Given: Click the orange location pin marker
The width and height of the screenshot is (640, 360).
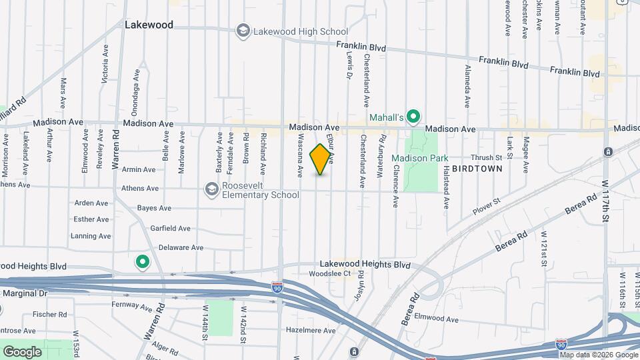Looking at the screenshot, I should [321, 159].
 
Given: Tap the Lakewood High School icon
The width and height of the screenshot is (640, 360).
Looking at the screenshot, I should [243, 31].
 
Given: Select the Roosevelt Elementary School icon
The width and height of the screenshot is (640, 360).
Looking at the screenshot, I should [212, 189].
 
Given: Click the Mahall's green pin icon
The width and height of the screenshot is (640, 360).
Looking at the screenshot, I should [413, 117].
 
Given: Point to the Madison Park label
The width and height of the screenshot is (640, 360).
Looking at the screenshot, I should [419, 158].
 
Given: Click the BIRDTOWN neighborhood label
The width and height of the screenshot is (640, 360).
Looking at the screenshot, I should [477, 169].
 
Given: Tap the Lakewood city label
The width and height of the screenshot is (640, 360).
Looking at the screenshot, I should [149, 25].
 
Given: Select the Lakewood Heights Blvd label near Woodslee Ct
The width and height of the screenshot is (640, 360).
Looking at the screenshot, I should [365, 264].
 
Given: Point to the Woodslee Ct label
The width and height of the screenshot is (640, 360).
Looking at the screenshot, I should [329, 274].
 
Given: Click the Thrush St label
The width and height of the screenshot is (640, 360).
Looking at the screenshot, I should [486, 157].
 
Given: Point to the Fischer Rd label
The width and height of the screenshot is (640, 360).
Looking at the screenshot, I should [53, 314].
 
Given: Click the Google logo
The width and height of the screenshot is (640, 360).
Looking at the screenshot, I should [22, 351].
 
